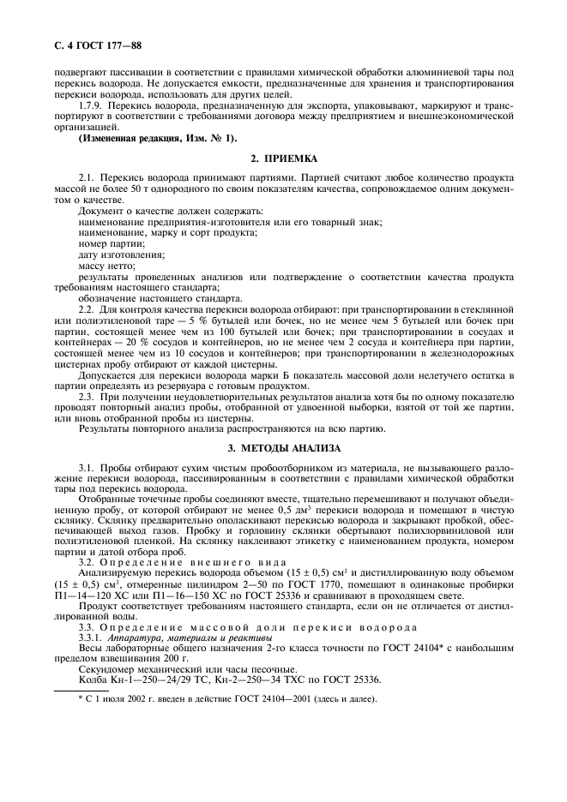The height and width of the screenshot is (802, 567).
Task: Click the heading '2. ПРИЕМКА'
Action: click(x=283, y=159)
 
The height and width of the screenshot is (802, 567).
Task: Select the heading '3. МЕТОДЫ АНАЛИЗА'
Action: click(x=283, y=447)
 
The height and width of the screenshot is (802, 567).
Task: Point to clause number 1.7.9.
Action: click(x=93, y=102)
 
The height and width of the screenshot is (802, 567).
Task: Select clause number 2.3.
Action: click(x=88, y=398)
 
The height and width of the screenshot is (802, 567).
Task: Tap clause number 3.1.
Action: click(x=88, y=464)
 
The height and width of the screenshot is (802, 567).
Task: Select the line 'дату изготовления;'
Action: click(x=121, y=255)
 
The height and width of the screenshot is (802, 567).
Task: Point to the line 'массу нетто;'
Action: click(x=108, y=266)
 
